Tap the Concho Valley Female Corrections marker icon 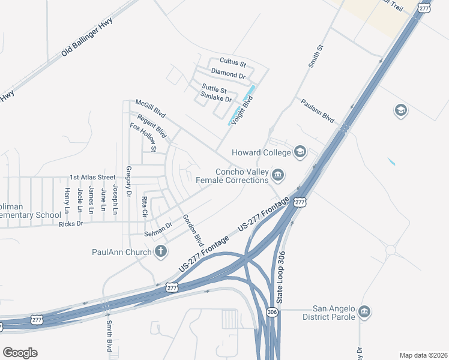[x=277, y=175]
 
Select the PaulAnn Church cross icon [x=160, y=252]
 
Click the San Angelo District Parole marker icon [x=364, y=312]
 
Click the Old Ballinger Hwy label [x=87, y=38]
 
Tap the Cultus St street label [x=233, y=62]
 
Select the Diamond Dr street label [x=229, y=74]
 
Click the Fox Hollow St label [x=143, y=137]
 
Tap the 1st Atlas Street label [x=92, y=178]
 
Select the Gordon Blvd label [x=193, y=230]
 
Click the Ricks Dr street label [x=70, y=224]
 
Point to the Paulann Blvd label [x=318, y=110]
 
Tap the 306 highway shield [x=272, y=312]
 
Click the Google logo [x=20, y=353]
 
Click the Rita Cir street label [x=144, y=206]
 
